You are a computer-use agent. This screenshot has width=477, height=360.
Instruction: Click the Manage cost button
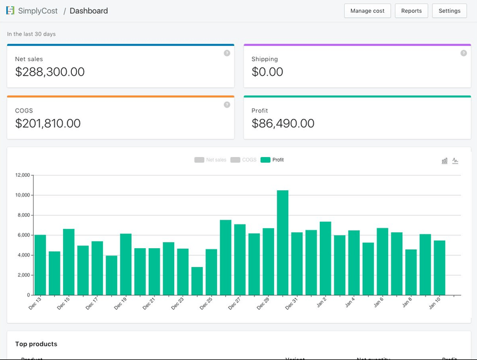367,11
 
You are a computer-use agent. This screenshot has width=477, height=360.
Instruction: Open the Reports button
411,11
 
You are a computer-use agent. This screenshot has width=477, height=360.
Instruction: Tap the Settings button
449,11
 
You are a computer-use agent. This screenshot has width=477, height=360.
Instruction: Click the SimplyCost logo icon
10,11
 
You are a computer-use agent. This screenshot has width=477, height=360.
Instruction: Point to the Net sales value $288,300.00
50,72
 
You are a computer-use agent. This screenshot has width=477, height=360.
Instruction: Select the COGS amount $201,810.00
48,123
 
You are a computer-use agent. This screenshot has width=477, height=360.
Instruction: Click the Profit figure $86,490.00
283,123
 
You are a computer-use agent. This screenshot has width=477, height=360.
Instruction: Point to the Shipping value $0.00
267,72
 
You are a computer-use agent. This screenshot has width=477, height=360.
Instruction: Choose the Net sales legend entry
211,160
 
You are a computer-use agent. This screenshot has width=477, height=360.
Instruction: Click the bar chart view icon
445,161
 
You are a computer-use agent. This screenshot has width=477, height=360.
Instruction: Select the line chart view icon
455,161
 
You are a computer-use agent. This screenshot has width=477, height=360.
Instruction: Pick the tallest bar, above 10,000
282,242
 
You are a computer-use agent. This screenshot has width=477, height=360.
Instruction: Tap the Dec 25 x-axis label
207,303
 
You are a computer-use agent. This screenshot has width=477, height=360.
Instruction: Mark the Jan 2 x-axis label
322,302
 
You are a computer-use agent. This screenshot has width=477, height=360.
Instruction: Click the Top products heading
36,344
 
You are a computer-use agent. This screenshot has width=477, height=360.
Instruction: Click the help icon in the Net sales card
227,53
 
